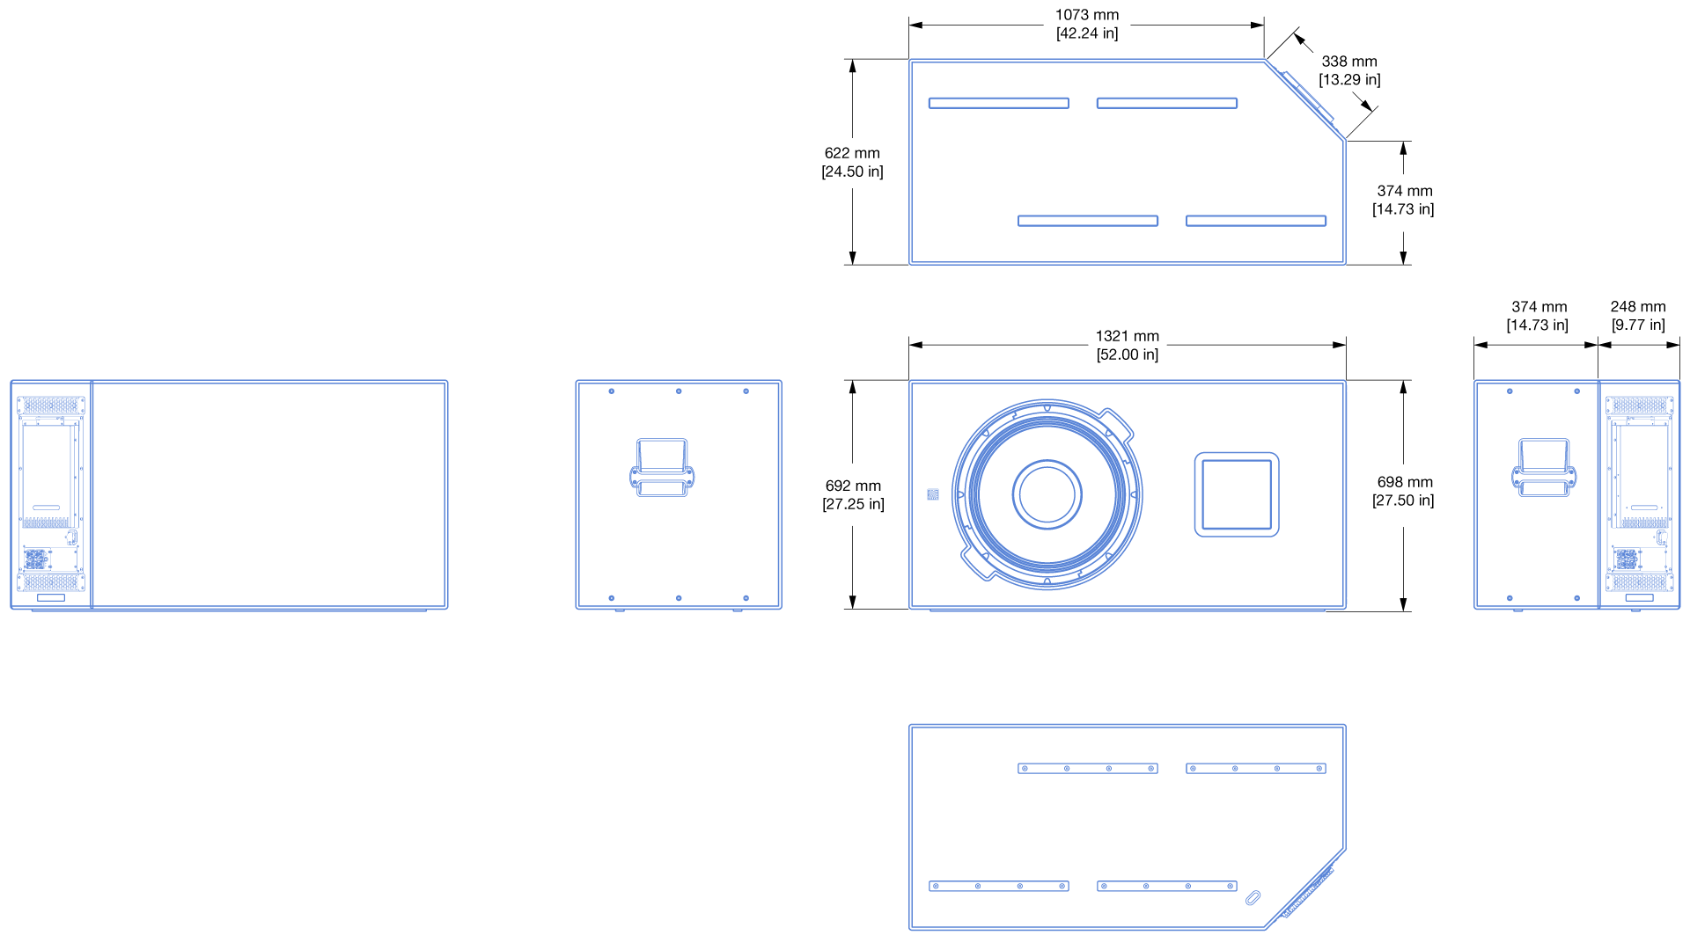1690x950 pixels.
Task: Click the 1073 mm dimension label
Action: (x=1087, y=24)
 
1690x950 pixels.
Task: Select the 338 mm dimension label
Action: (x=1349, y=70)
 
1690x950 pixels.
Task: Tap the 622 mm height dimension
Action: (x=852, y=162)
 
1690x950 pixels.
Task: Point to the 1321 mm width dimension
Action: (x=1128, y=345)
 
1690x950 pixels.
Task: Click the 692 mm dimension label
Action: (x=853, y=494)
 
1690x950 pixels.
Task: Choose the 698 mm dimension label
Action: (x=1403, y=491)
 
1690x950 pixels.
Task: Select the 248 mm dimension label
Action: (x=1638, y=316)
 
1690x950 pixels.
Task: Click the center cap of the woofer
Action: (x=1047, y=494)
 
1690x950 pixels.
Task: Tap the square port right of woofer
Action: (x=1237, y=494)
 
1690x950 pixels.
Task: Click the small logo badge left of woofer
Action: (x=933, y=494)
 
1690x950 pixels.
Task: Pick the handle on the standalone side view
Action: (x=662, y=468)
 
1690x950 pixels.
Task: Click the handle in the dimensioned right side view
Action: (x=1544, y=468)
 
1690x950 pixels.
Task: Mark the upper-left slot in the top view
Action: (x=999, y=103)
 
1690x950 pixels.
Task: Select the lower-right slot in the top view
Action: (x=1256, y=221)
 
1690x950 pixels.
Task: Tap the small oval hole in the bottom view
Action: (x=1253, y=897)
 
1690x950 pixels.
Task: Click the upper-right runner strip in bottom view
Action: (x=1256, y=769)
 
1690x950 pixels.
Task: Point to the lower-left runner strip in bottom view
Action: (x=999, y=886)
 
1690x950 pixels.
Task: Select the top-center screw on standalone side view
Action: (x=679, y=391)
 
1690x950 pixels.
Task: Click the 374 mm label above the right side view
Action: (x=1538, y=316)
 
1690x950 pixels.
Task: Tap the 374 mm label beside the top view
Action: (x=1403, y=200)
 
